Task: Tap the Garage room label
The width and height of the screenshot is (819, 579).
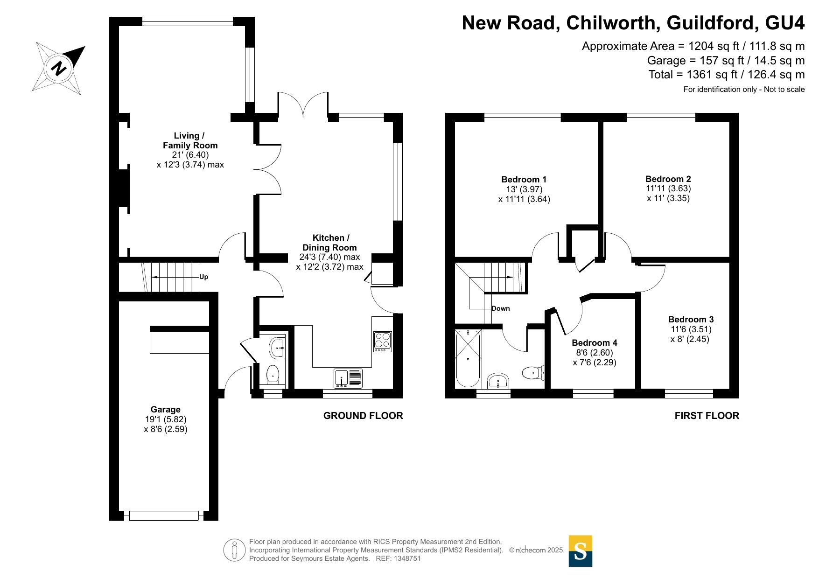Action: pyautogui.click(x=165, y=410)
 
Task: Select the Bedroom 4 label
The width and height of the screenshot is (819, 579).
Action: pyautogui.click(x=594, y=343)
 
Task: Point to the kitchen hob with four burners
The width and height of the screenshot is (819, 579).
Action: pyautogui.click(x=383, y=341)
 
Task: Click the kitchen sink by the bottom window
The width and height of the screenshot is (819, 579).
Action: pyautogui.click(x=348, y=378)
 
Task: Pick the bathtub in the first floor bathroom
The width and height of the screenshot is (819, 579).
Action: pyautogui.click(x=468, y=358)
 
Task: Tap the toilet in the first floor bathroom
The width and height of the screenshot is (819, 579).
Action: pyautogui.click(x=532, y=372)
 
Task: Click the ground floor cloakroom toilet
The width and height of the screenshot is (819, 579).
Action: pyautogui.click(x=273, y=374)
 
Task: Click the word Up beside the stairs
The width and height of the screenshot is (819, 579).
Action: pyautogui.click(x=204, y=277)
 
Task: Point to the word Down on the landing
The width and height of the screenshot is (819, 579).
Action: pyautogui.click(x=501, y=308)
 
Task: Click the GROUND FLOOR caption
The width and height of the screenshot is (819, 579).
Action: pyautogui.click(x=363, y=416)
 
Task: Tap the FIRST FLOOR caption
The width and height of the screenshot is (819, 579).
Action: pyautogui.click(x=707, y=416)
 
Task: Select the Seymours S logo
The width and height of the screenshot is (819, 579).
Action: pyautogui.click(x=580, y=551)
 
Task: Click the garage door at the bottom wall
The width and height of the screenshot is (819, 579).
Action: pyautogui.click(x=164, y=516)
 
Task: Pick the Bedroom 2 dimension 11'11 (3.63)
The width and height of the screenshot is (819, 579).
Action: pyautogui.click(x=668, y=188)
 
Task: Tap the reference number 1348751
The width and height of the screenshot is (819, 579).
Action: pyautogui.click(x=407, y=558)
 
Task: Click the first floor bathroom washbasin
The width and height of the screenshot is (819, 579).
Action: pyautogui.click(x=498, y=381)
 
